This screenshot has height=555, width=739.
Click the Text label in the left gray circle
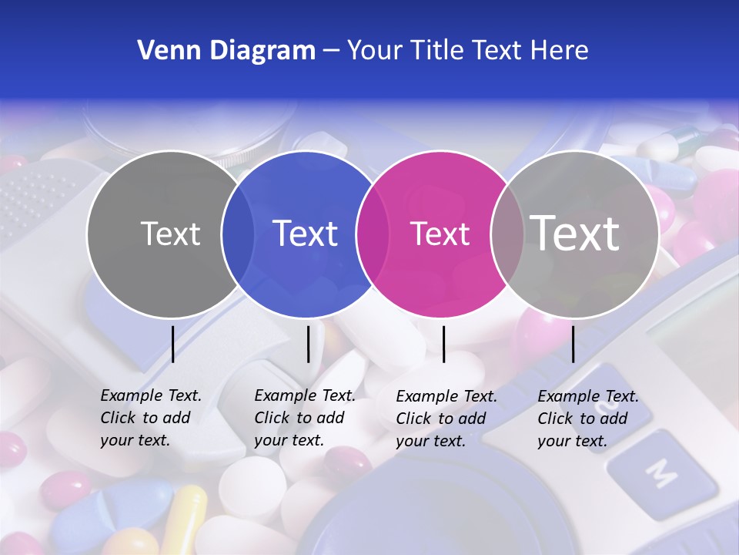pyautogui.click(x=170, y=234)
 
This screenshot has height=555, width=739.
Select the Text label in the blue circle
pyautogui.click(x=306, y=234)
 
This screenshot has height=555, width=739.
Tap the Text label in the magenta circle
pyautogui.click(x=440, y=234)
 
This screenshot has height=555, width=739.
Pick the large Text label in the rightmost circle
pyautogui.click(x=575, y=233)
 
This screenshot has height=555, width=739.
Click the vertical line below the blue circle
pyautogui.click(x=309, y=344)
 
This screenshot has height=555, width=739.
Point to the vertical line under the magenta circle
pyautogui.click(x=444, y=344)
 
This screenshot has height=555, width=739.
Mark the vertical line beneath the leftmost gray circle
pyautogui.click(x=173, y=344)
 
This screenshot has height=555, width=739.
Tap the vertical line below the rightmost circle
pyautogui.click(x=573, y=344)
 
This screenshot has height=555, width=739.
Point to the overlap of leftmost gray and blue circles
pyautogui.click(x=238, y=233)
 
